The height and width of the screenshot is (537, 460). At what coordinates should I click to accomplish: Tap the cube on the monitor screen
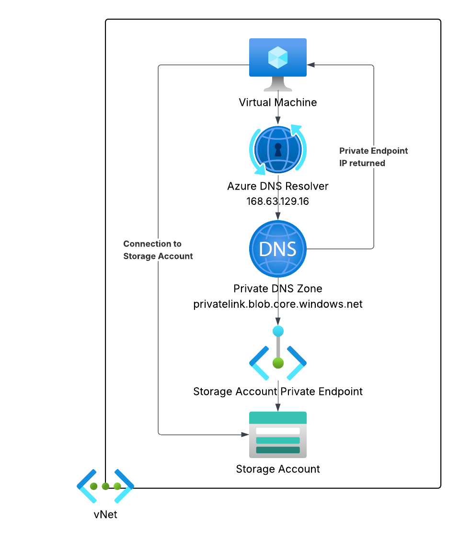278,58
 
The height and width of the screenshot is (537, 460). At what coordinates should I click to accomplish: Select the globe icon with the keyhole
278,150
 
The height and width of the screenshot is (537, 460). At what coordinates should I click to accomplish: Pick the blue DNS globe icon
278,249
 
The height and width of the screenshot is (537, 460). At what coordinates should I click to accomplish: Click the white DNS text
277,249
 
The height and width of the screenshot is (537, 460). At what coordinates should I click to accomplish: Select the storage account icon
278,435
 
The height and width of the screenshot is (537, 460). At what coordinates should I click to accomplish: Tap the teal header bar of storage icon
278,418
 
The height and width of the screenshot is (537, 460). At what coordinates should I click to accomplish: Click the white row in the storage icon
278,431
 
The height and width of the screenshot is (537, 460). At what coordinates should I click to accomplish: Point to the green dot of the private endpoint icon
278,363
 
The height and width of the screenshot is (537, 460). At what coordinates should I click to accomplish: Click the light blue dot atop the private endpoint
278,331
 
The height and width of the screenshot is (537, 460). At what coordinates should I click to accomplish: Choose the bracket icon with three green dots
105,486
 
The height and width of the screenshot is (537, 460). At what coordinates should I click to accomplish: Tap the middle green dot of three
105,486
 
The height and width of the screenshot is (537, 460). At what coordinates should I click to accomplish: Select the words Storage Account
158,257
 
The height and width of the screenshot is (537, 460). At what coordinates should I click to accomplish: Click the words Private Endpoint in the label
374,151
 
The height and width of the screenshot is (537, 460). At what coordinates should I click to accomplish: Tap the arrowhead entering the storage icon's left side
245,435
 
